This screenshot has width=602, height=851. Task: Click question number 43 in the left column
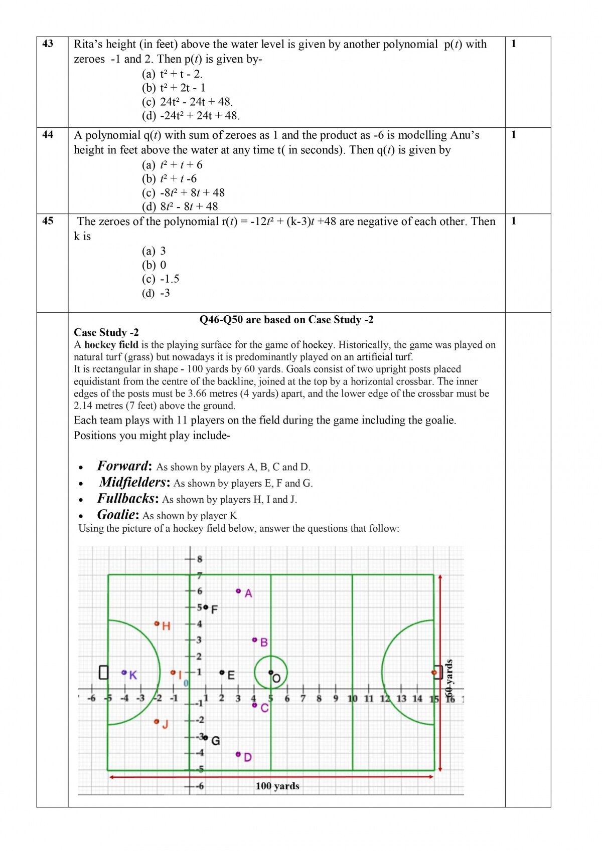[48, 44]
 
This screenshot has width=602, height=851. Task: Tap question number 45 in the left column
[48, 221]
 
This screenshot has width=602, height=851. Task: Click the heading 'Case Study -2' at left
[106, 332]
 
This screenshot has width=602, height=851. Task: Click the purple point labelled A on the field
[238, 591]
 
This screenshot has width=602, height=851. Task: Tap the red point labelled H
[157, 623]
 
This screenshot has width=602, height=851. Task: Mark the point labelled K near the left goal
[124, 673]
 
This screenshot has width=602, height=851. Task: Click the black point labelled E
[222, 673]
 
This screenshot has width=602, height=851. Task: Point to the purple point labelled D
[238, 754]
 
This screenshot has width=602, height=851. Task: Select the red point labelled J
[157, 722]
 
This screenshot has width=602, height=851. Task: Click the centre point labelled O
[271, 673]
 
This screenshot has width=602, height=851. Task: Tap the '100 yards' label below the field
[277, 786]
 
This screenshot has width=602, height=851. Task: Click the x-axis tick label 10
[352, 698]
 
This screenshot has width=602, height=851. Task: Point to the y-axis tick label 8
[200, 559]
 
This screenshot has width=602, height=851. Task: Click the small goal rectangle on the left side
[103, 673]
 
